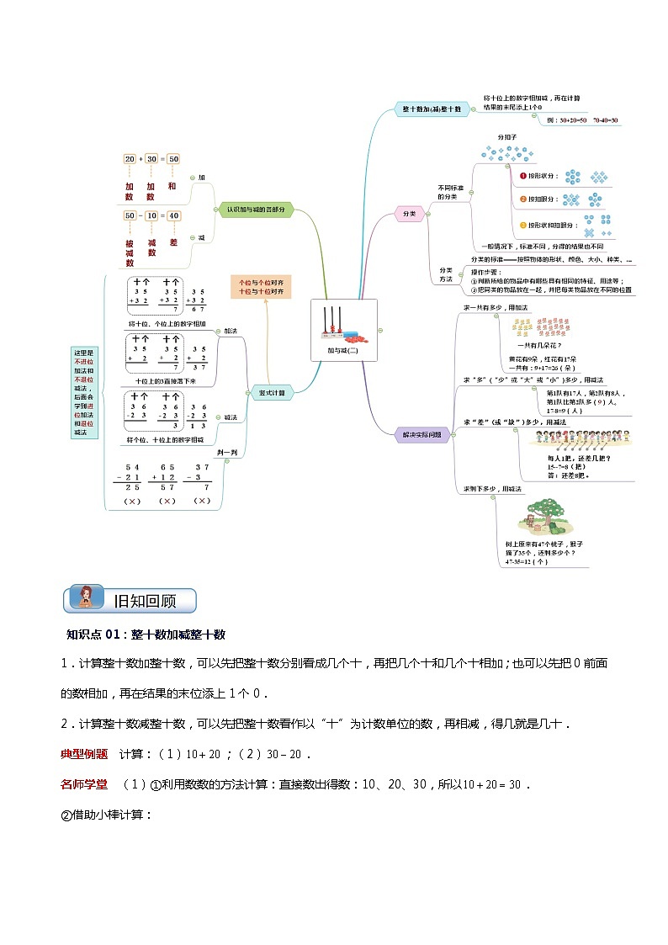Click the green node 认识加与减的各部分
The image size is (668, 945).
(x=256, y=210)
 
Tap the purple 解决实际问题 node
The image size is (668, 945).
(x=421, y=434)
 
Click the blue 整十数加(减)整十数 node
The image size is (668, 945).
(x=432, y=109)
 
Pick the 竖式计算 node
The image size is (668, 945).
(x=270, y=392)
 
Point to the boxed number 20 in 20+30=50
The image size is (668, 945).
(x=130, y=158)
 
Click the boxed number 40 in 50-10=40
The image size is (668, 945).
(x=173, y=215)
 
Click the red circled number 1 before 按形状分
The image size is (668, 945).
(x=522, y=176)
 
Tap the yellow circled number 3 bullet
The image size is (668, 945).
(x=522, y=225)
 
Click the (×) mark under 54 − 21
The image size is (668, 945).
(x=131, y=501)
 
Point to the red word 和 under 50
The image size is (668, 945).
(x=172, y=186)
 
